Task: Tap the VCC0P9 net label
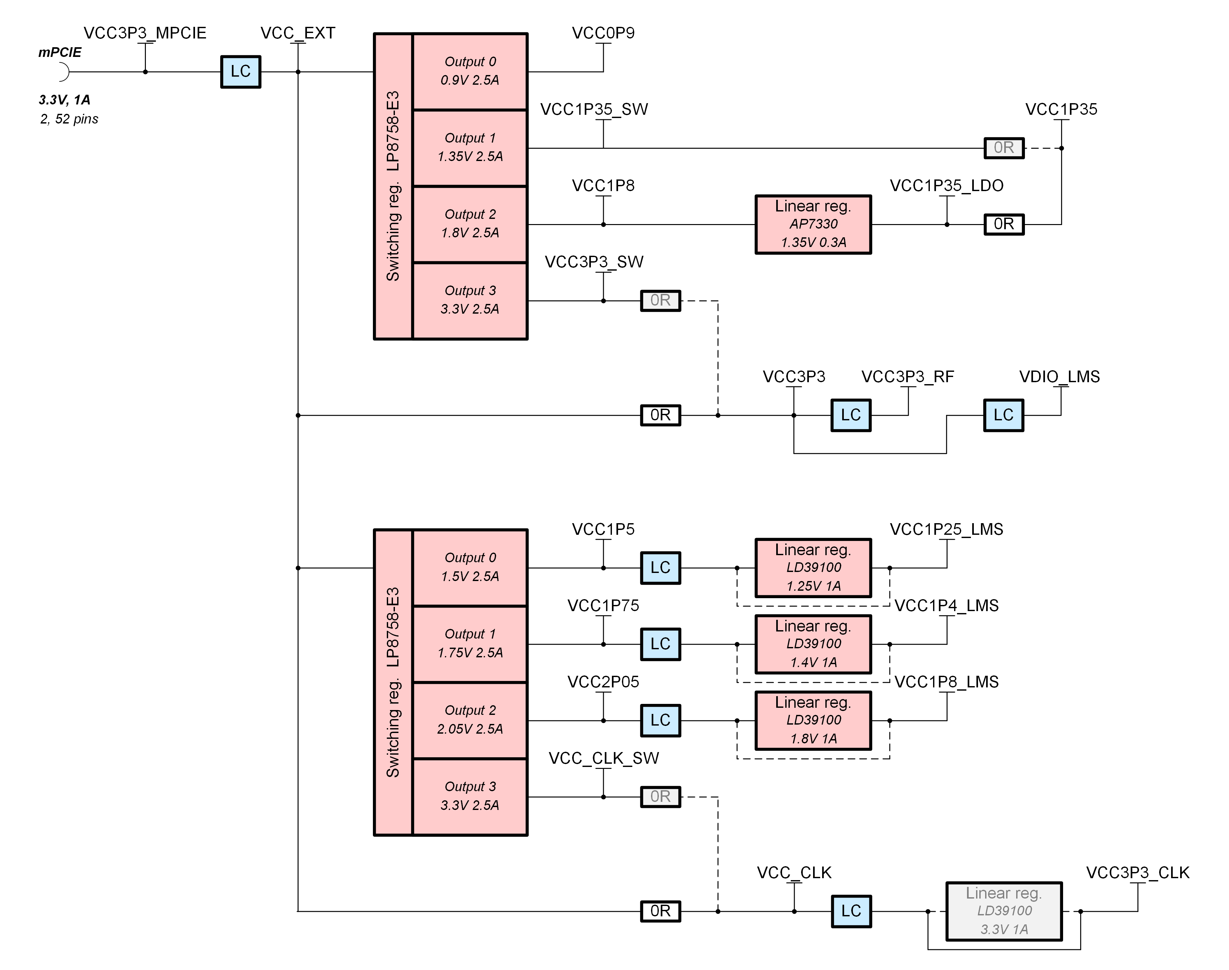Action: (603, 33)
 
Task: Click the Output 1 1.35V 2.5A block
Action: (470, 148)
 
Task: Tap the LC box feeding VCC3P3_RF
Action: (851, 415)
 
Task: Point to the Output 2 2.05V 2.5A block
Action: (470, 720)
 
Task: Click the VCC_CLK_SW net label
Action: (603, 758)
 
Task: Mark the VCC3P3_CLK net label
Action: (1137, 873)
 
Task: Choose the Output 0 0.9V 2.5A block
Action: (470, 71)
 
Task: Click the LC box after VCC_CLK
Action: (851, 911)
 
